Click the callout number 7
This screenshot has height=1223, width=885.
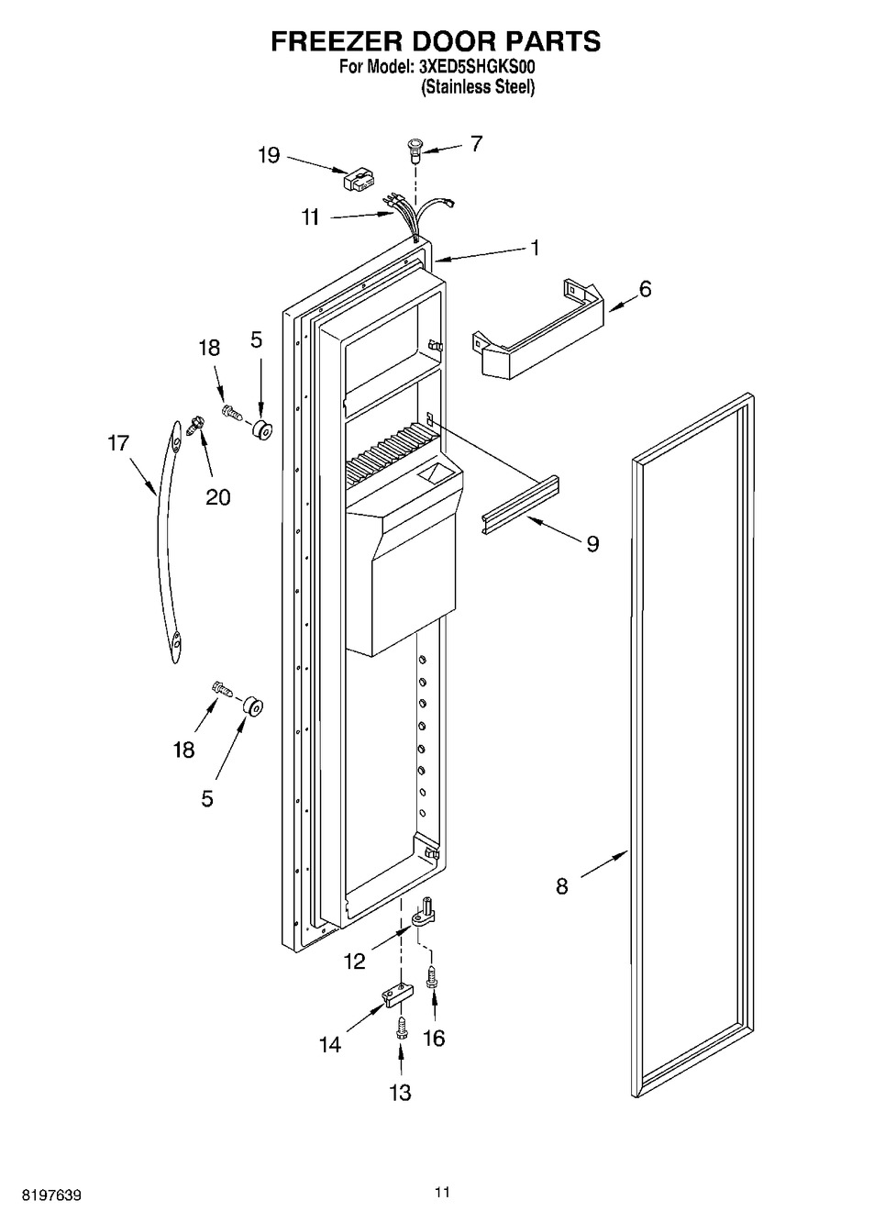click(x=476, y=144)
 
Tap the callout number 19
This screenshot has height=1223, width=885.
click(x=269, y=156)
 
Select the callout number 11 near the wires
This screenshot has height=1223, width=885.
click(x=311, y=217)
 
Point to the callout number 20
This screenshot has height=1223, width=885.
click(x=218, y=497)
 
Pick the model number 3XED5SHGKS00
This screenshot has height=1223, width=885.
click(x=477, y=67)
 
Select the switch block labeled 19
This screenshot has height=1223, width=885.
click(x=359, y=179)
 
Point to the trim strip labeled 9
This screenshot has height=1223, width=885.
click(x=521, y=504)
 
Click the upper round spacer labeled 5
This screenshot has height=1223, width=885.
click(x=262, y=431)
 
